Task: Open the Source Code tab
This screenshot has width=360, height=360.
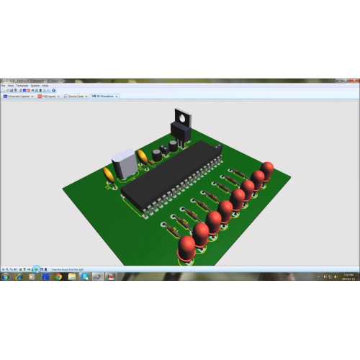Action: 76,95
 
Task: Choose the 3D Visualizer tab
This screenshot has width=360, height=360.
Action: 104,95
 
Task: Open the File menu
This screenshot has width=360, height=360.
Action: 4,85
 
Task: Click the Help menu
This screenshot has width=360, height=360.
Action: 45,85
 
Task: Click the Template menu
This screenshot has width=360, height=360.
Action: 23,85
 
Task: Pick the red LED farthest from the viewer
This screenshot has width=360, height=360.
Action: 267,171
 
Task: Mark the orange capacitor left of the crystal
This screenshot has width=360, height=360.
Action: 108,176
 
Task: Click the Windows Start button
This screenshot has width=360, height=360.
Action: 4,276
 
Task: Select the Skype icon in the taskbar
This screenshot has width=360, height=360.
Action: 85,276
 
